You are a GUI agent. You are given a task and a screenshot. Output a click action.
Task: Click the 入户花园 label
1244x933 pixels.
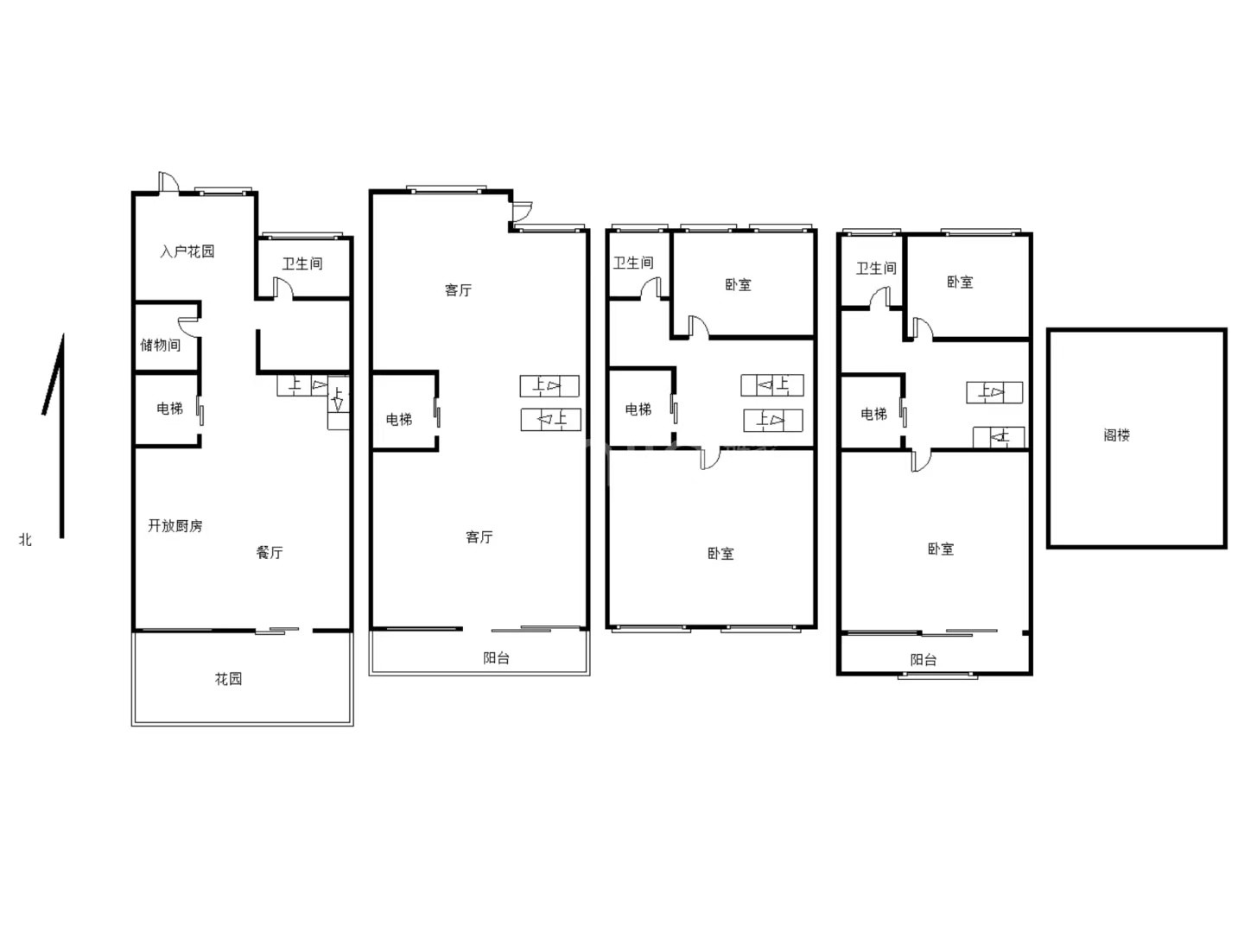[x=187, y=251]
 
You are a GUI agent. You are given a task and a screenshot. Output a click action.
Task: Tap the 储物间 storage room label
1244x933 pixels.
[x=161, y=345]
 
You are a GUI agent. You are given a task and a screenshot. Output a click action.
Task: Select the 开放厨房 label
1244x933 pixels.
[x=175, y=526]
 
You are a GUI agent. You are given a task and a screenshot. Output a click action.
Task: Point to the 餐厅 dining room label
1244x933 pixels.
[x=270, y=552]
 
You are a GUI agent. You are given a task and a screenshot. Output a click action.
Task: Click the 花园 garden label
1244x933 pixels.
[x=228, y=679]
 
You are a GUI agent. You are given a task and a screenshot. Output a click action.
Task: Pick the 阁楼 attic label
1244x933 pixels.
[x=1116, y=435]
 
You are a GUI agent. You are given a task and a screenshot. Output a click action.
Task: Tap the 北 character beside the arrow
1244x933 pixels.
[x=26, y=540]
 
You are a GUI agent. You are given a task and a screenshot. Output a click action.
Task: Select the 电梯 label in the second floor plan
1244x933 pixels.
[x=399, y=419]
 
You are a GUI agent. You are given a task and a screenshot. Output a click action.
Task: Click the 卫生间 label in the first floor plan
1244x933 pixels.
[x=302, y=263]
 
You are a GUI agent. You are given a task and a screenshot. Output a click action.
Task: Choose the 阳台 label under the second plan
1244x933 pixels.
[x=497, y=657]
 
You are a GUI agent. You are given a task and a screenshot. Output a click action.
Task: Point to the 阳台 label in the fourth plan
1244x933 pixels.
[x=923, y=659]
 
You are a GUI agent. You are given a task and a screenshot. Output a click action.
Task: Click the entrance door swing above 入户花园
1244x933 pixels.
[x=168, y=182]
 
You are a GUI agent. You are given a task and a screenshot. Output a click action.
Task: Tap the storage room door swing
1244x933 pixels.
[x=188, y=327]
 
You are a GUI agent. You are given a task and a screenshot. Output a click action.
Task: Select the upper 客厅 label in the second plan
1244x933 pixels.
[x=458, y=290]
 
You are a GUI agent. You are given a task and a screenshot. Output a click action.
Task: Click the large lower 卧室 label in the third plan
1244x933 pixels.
[x=720, y=554]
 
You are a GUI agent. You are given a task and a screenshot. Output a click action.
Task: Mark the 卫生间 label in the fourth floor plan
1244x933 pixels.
[x=876, y=268]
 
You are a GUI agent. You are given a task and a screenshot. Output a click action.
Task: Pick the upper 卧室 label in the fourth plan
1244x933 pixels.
[x=960, y=282]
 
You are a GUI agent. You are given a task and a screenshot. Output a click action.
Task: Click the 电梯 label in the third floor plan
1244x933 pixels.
[x=638, y=409]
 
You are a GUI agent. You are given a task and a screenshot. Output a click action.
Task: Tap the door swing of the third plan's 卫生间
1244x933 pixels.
[x=651, y=287]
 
